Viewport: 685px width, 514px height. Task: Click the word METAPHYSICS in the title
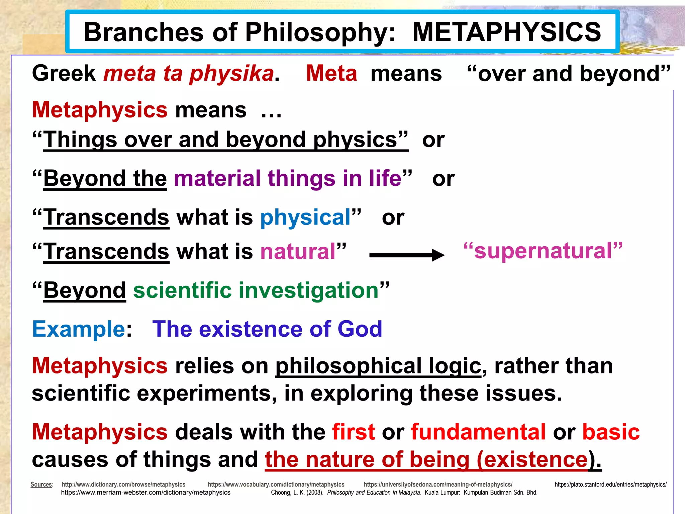(506, 32)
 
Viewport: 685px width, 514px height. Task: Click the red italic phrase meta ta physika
(189, 73)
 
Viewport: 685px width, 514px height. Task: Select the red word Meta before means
(331, 73)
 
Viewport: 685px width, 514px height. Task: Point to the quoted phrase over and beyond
(568, 74)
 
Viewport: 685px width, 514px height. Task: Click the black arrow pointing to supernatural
(406, 255)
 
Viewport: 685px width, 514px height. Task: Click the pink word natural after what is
(298, 252)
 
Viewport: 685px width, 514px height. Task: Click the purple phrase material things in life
(288, 178)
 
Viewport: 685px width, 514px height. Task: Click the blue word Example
(79, 329)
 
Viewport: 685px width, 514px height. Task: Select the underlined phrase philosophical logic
(378, 366)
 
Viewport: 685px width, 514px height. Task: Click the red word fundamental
(478, 432)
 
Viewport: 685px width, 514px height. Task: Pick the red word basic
(611, 432)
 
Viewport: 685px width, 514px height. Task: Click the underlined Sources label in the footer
(41, 484)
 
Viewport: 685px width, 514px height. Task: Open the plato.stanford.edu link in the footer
(610, 484)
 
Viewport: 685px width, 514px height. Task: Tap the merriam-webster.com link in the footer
(145, 493)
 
